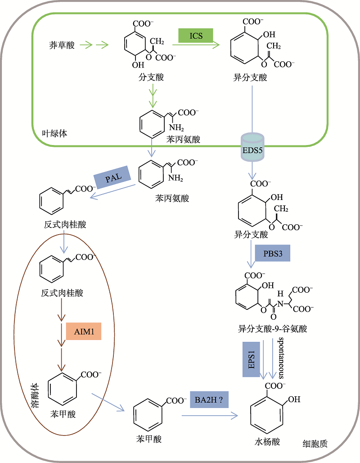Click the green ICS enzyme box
(x=196, y=36)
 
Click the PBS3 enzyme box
(x=272, y=253)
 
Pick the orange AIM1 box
(x=84, y=331)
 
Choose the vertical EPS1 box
(x=252, y=359)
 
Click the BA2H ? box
(x=209, y=399)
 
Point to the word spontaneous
(x=281, y=358)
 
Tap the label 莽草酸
(x=62, y=45)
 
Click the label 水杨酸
(x=267, y=442)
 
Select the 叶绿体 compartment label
(x=54, y=133)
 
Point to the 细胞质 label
(x=315, y=444)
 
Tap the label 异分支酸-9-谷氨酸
(x=272, y=329)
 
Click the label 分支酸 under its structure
(x=151, y=77)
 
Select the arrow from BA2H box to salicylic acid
(x=210, y=416)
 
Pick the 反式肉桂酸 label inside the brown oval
(x=62, y=293)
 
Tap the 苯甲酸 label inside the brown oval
(x=63, y=414)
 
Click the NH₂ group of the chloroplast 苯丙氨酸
(x=176, y=128)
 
